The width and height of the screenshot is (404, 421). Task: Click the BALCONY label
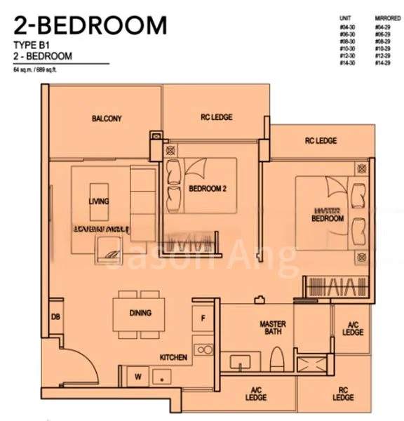point(107,119)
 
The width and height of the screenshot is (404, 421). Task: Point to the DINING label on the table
point(140,313)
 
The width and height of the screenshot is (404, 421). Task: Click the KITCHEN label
point(173,358)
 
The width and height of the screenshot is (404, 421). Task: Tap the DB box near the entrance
point(55,317)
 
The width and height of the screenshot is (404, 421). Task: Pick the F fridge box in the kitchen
point(203,317)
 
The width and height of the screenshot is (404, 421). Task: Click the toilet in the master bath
point(276,357)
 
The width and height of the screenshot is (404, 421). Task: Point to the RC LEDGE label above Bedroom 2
point(216,117)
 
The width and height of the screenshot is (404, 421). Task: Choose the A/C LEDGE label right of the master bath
point(353,328)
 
